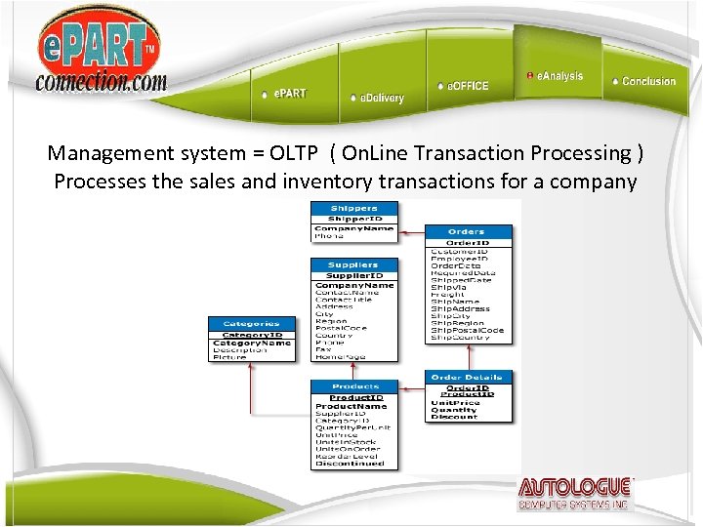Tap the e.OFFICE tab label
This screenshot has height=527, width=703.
point(467,86)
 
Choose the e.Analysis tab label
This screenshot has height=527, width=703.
point(558,76)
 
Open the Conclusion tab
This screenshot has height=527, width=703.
point(647,81)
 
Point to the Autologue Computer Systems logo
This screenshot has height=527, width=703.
point(575,494)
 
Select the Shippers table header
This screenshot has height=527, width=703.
point(353,208)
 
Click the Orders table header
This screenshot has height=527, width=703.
point(467,231)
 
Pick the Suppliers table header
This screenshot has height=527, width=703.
point(353,264)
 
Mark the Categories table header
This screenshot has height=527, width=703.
point(252,323)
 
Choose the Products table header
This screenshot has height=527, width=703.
point(354,386)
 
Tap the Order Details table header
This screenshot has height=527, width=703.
point(467,377)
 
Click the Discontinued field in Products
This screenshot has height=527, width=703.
point(350,464)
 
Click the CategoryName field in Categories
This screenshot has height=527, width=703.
point(252,343)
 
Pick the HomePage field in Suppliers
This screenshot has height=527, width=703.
point(341,356)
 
